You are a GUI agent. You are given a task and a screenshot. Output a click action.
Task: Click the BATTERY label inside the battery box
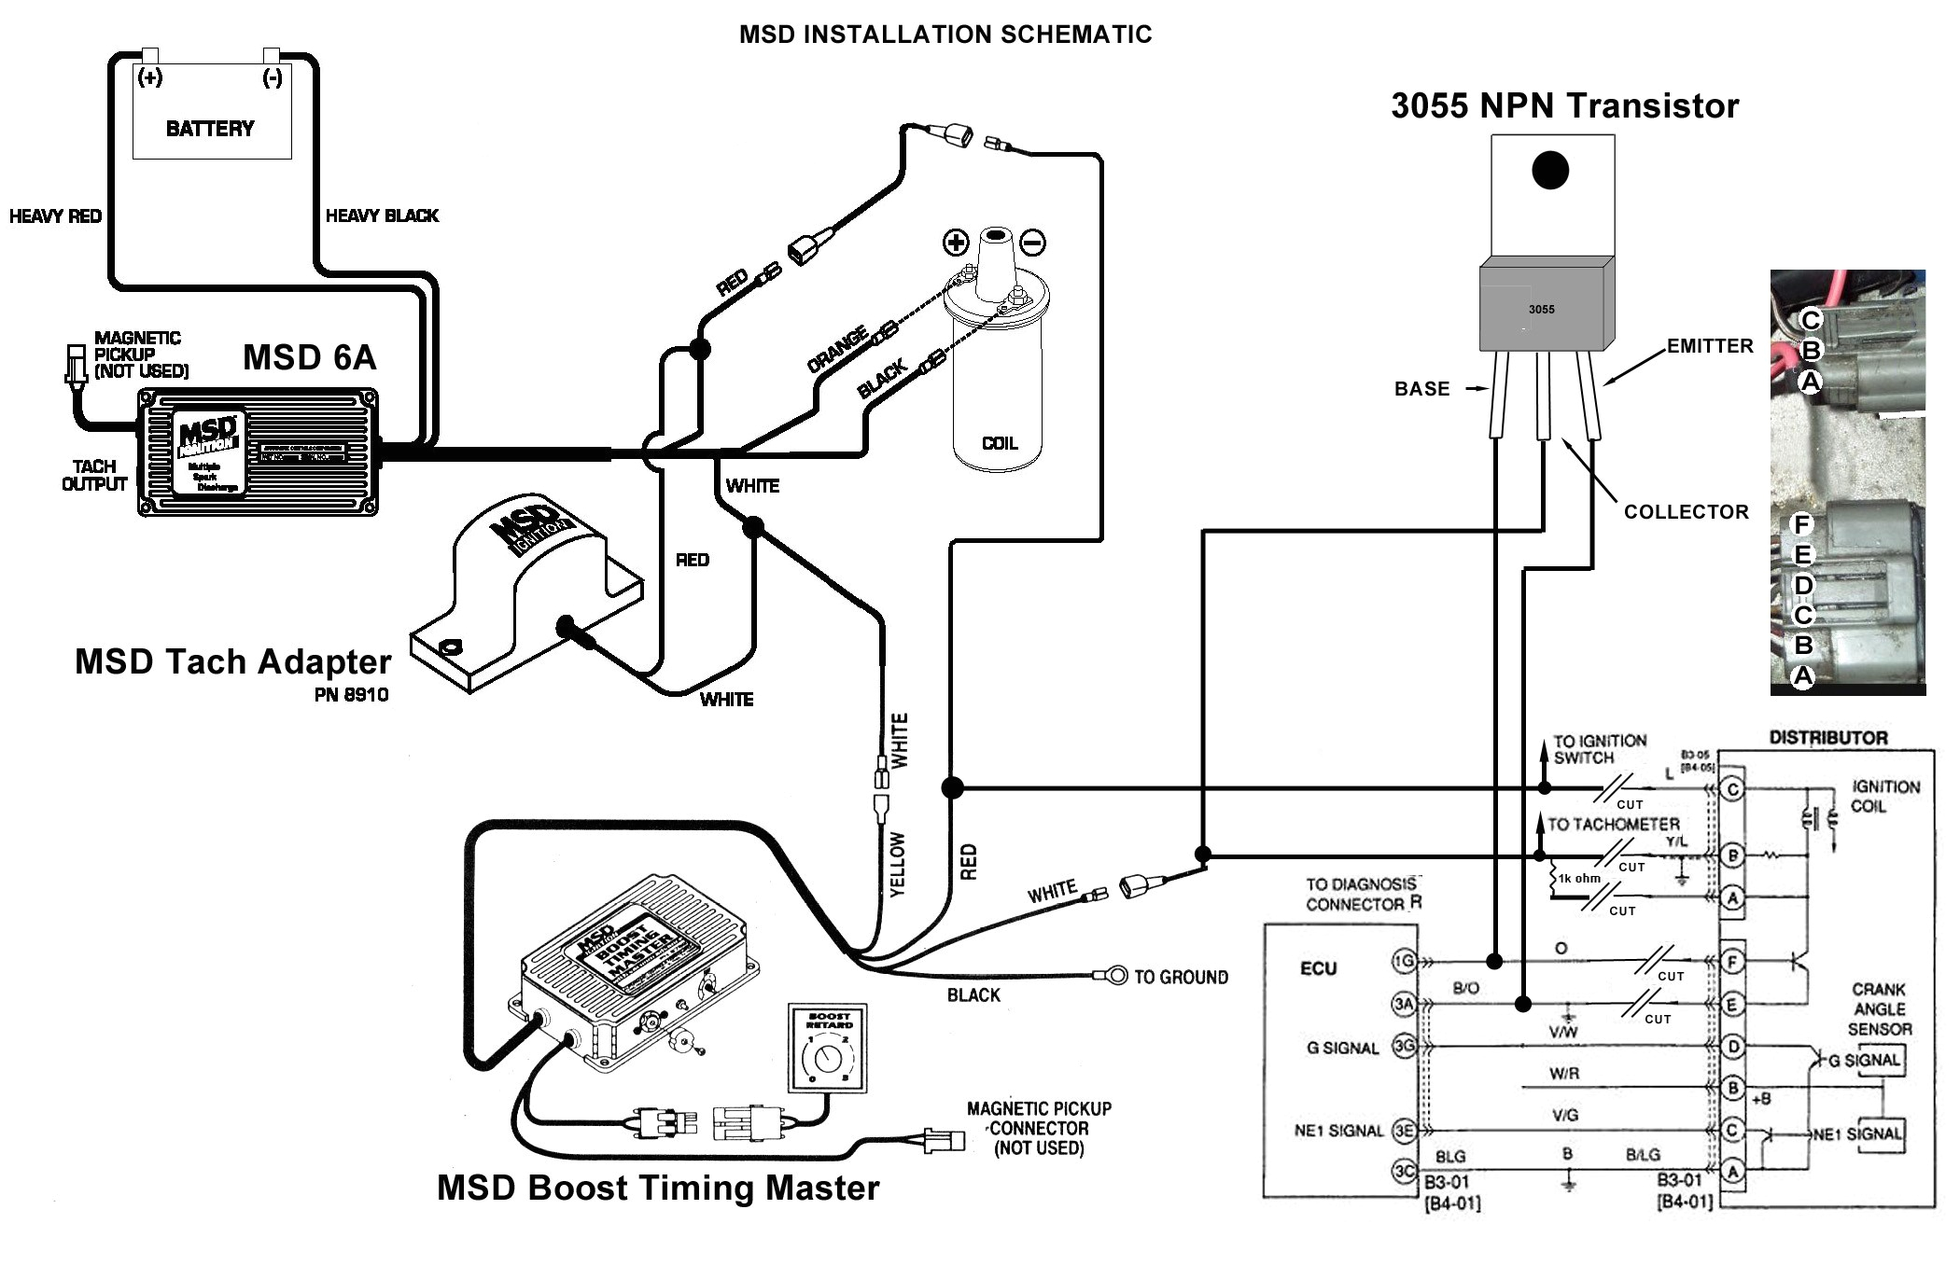point(210,129)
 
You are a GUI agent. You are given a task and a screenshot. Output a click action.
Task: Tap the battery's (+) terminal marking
point(149,77)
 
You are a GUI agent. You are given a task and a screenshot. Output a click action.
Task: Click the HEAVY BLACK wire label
point(382,215)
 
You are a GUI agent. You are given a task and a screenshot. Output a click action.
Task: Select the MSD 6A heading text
point(310,357)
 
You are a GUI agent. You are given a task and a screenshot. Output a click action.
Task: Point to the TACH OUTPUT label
point(94,475)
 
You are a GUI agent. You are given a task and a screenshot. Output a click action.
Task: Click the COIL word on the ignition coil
point(1000,443)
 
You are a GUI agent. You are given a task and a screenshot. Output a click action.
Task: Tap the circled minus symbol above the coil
point(1032,243)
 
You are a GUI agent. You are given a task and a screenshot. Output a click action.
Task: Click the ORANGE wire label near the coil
point(837,350)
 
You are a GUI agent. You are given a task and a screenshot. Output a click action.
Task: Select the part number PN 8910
point(352,695)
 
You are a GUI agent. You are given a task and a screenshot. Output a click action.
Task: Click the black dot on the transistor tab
point(1550,170)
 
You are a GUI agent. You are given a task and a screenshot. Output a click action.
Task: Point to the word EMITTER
point(1710,346)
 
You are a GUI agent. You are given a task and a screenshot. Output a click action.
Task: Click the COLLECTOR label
point(1686,511)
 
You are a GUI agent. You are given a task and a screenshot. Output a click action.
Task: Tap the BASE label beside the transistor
point(1422,389)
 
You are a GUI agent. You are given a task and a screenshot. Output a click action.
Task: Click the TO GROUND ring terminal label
point(1181,977)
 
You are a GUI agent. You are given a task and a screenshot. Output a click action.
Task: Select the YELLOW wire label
point(897,865)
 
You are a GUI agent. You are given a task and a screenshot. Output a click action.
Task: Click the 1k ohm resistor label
point(1579,878)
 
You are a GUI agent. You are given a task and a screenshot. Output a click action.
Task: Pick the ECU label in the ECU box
point(1318,968)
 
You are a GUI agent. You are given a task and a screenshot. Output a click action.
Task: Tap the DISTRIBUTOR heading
point(1828,738)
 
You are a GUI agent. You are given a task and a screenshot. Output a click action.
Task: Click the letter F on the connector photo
point(1802,525)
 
